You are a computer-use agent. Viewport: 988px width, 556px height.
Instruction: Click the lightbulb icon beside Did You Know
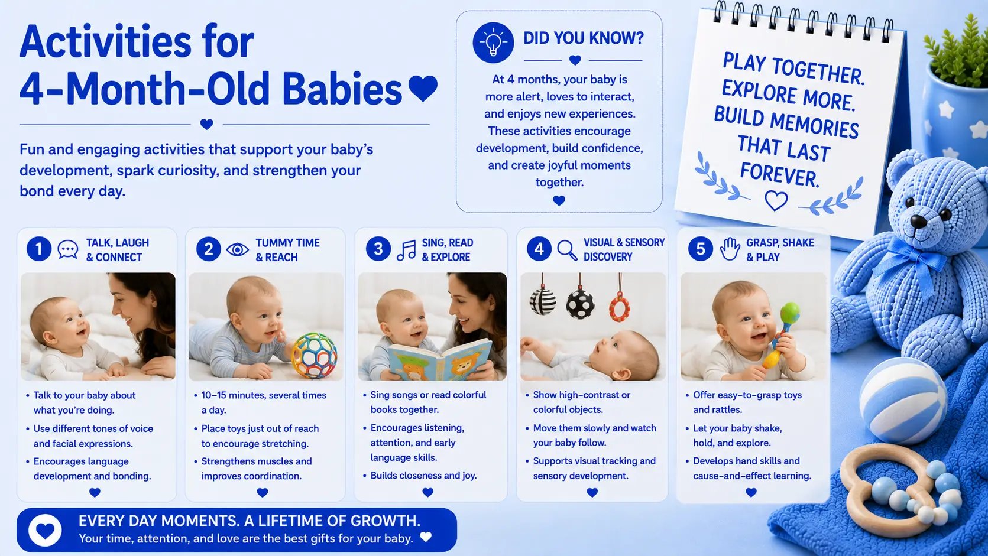pos(493,43)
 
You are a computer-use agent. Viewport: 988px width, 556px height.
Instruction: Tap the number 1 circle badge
pos(39,249)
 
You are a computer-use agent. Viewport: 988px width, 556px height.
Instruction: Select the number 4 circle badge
pos(539,249)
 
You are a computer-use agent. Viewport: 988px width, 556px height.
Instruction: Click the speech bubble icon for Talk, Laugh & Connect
pos(68,249)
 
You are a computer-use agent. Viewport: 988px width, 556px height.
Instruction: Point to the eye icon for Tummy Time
pos(237,249)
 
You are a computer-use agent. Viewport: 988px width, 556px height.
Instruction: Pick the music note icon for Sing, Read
pos(406,251)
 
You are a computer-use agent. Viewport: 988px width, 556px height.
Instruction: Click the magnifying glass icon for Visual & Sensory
pos(567,250)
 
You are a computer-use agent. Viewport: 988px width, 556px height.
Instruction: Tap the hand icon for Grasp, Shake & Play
pos(730,249)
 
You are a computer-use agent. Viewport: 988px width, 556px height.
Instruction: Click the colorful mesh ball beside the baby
pos(314,356)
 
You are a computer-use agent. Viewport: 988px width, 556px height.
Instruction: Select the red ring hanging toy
pos(620,308)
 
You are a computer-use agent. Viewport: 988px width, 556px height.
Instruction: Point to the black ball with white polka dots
pos(579,304)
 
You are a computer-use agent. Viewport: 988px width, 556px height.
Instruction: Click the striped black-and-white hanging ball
pos(543,301)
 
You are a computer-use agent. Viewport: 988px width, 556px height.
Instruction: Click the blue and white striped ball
pos(902,400)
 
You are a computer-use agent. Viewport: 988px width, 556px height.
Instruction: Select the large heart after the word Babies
pos(423,88)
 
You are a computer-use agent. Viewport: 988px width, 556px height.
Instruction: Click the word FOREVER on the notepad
pos(779,174)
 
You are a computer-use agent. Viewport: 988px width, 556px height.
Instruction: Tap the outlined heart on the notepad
pos(776,201)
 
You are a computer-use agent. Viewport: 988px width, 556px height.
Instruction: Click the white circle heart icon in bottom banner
pos(45,530)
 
